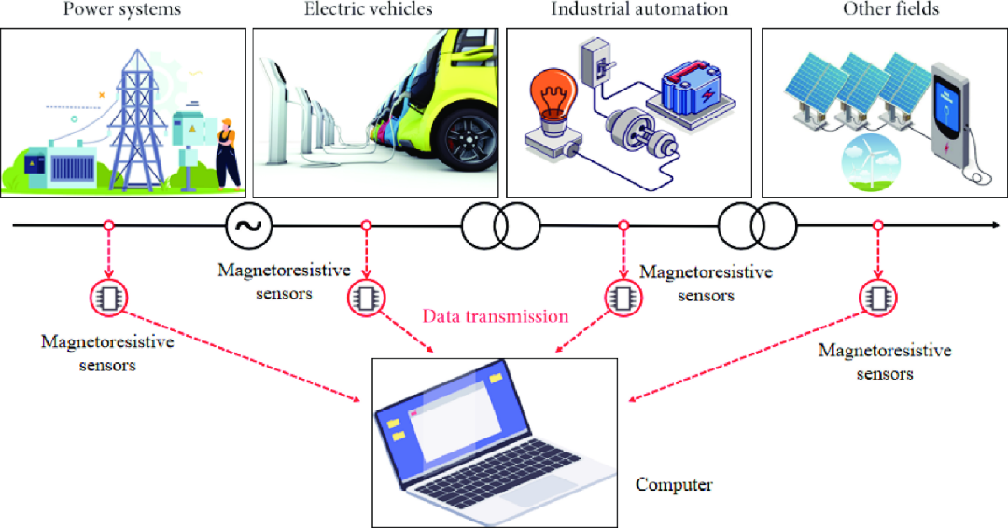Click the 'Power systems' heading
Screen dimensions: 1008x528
pyautogui.click(x=122, y=9)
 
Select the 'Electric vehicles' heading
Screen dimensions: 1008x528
pyautogui.click(x=369, y=9)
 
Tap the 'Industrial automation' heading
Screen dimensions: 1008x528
pyautogui.click(x=639, y=9)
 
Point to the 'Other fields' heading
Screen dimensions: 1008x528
pyautogui.click(x=891, y=9)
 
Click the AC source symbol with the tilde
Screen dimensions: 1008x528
pyautogui.click(x=249, y=226)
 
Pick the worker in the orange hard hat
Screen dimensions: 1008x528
pyautogui.click(x=228, y=154)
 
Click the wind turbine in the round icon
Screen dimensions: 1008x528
pyautogui.click(x=871, y=164)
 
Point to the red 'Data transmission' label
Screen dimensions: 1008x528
pyautogui.click(x=495, y=316)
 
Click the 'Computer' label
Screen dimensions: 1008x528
pyautogui.click(x=674, y=484)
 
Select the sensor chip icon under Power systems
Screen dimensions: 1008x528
pyautogui.click(x=108, y=298)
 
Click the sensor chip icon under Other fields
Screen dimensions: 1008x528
pyautogui.click(x=877, y=298)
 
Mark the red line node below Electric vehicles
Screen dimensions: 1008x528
pyautogui.click(x=366, y=226)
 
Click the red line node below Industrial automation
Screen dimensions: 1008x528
pyautogui.click(x=623, y=226)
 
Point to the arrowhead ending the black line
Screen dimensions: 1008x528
pyautogui.click(x=996, y=225)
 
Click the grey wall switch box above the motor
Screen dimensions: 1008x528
pyautogui.click(x=595, y=63)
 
